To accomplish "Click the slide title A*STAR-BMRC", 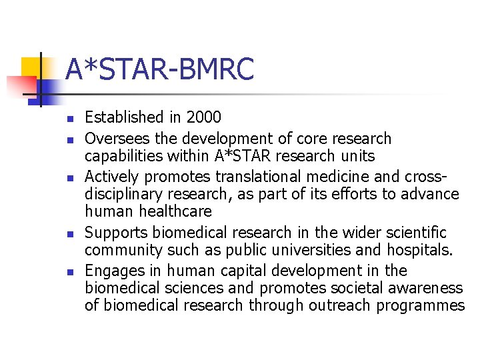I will pos(160,70).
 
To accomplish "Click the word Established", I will pos(124,118).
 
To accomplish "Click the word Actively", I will pos(112,177).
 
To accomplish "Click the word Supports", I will pos(117,233).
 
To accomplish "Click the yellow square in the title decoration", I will pos(32,67).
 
